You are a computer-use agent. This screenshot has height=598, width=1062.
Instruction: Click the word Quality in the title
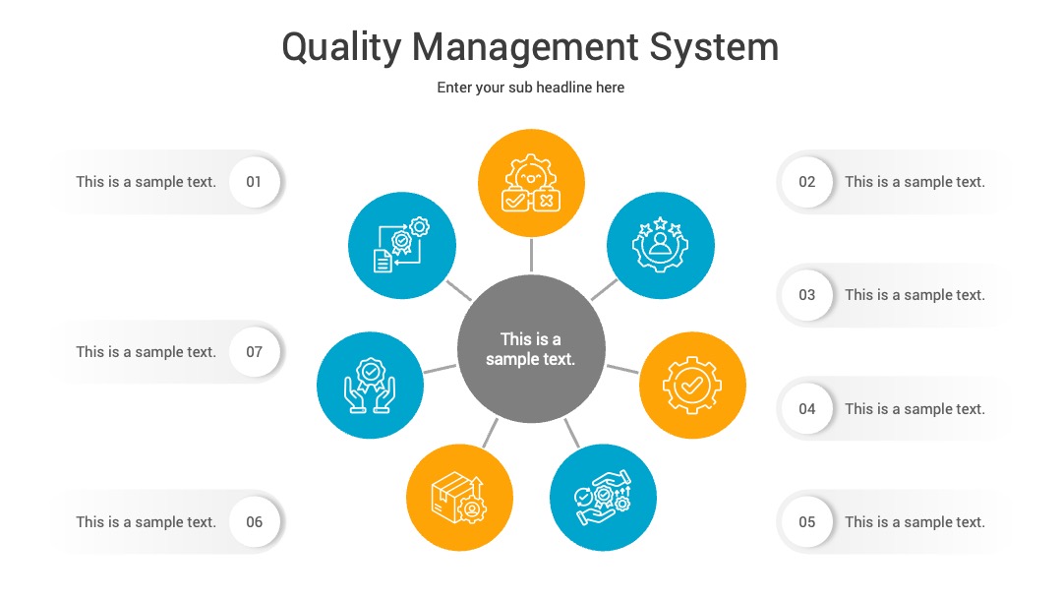[341, 48]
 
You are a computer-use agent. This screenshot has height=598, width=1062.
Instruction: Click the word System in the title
[714, 47]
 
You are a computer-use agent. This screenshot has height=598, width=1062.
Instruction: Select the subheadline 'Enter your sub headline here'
[530, 88]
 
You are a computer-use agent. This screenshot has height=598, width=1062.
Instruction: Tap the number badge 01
[254, 182]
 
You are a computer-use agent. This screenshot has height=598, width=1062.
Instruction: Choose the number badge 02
[806, 182]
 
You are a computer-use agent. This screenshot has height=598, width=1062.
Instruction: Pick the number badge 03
[806, 295]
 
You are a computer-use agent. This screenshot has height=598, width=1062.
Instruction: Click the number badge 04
[806, 409]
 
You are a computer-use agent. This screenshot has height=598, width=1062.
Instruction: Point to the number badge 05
[806, 522]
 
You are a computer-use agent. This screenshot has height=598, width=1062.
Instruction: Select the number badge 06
[254, 522]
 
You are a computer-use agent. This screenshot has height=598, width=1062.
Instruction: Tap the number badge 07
[254, 352]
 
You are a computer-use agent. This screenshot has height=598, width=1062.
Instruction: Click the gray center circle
[531, 349]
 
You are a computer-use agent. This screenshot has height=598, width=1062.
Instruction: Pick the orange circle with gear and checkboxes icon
[531, 183]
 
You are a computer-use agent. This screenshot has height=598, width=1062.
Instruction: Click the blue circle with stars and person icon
[661, 245]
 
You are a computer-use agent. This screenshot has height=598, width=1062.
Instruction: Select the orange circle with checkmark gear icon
[692, 386]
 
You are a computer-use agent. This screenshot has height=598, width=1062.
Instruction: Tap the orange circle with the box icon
[460, 498]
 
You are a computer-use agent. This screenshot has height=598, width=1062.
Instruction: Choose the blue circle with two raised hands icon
[370, 386]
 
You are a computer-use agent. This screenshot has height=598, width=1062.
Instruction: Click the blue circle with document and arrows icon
[401, 245]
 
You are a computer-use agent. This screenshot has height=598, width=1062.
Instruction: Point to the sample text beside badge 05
[915, 522]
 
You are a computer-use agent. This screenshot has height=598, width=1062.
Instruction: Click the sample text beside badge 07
[147, 352]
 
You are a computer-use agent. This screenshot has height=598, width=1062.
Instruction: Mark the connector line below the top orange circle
[531, 256]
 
